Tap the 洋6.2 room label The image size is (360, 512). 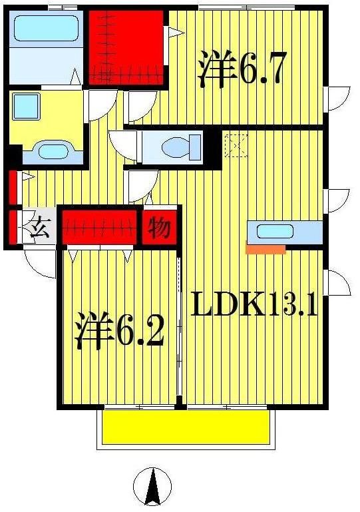120,331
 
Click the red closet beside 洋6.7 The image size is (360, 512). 126,45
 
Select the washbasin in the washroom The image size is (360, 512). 51,150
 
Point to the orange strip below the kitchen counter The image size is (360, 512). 266,250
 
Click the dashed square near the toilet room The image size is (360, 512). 236,145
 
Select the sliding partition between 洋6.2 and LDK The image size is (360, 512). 179,326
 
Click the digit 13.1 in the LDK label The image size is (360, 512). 293,305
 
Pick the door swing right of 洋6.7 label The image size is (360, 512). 337,99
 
